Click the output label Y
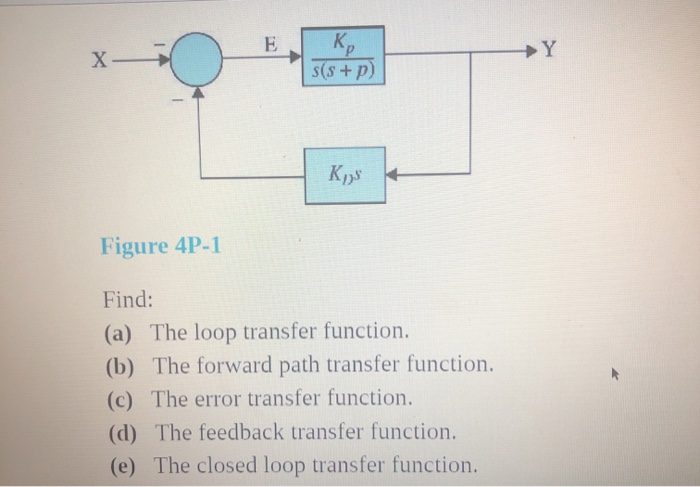pyautogui.click(x=547, y=50)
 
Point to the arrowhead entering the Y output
pyautogui.click(x=530, y=49)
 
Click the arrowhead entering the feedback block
pyautogui.click(x=394, y=177)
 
